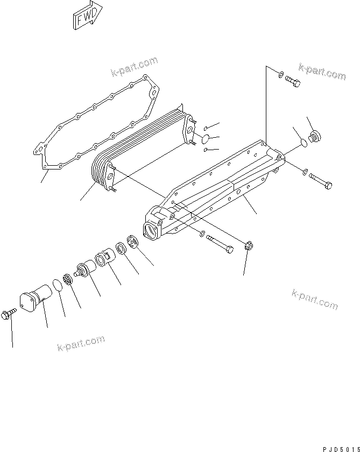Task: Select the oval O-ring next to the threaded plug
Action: click(305, 144)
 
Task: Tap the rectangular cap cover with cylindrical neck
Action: click(35, 299)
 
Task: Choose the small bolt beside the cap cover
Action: click(10, 313)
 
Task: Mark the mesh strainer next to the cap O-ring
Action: click(67, 280)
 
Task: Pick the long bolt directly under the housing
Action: click(220, 242)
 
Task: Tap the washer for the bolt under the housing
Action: click(201, 234)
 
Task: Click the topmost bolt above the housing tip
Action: click(293, 82)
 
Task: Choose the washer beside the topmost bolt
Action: click(280, 74)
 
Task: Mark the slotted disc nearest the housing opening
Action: click(133, 242)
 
